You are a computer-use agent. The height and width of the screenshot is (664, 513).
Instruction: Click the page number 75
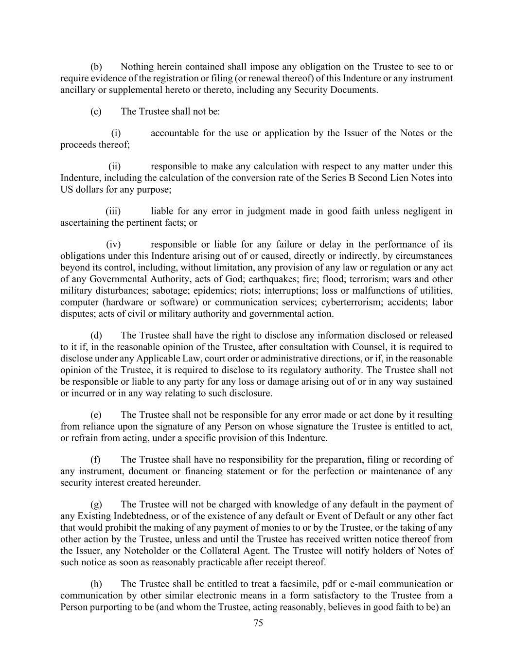[x=258, y=623]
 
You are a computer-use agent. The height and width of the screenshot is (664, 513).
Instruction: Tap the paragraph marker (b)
[x=96, y=67]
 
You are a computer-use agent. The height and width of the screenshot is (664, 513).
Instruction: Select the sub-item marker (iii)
[x=113, y=211]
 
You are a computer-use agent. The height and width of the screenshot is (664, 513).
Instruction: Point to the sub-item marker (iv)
[x=113, y=244]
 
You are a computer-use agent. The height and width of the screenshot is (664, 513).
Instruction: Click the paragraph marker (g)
[x=96, y=504]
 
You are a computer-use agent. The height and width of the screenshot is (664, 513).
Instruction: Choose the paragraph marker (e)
[x=96, y=415]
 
